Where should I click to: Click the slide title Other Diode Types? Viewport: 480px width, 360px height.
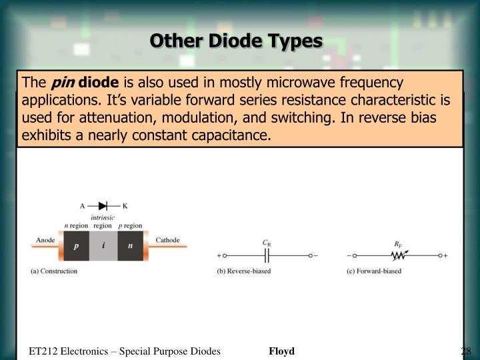click(x=235, y=41)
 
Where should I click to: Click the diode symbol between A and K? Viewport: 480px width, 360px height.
click(x=103, y=206)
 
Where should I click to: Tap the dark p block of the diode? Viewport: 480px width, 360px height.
click(x=76, y=245)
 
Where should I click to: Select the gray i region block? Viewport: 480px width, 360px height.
click(x=103, y=245)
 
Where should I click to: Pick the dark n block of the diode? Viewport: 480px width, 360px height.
click(x=131, y=245)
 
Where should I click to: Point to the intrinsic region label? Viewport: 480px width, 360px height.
click(x=103, y=221)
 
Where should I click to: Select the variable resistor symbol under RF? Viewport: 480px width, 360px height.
click(x=398, y=255)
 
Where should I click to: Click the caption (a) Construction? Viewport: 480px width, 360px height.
click(x=54, y=271)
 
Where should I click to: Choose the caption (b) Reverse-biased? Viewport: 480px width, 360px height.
click(x=244, y=271)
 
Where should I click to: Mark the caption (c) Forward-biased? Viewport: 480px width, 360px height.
click(x=374, y=271)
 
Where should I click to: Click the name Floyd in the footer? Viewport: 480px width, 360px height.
click(x=281, y=351)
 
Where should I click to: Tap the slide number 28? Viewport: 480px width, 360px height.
click(x=465, y=351)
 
